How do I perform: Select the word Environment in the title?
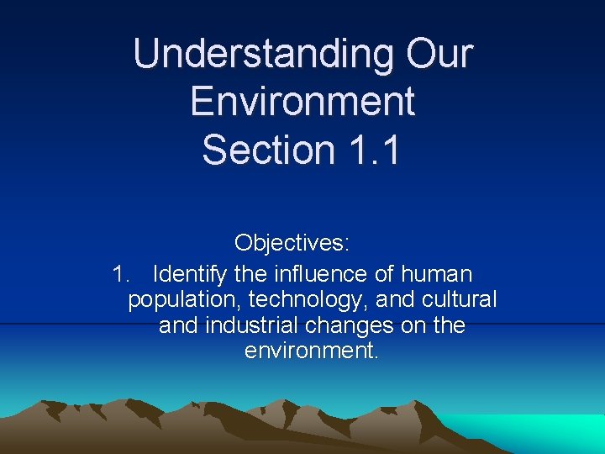[302, 102]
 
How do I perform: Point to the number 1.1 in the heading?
[371, 150]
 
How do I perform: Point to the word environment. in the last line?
[312, 350]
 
